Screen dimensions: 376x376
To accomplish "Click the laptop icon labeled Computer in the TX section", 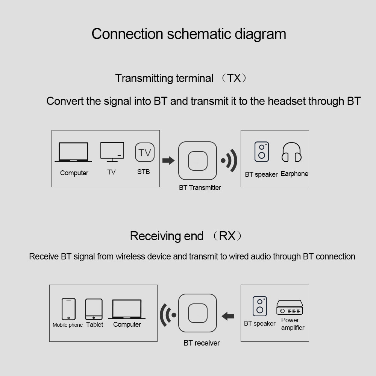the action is point(73,152).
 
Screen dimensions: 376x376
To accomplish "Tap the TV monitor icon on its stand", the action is point(112,152).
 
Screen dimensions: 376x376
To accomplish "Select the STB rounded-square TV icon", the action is point(145,152).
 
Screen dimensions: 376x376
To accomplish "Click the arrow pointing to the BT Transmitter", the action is point(168,161).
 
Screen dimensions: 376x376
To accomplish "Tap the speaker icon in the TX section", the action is point(262,152).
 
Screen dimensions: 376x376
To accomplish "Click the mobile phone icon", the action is point(68,309).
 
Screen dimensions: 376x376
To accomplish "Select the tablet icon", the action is point(94,309).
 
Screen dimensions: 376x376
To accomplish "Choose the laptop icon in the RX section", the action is point(127,309).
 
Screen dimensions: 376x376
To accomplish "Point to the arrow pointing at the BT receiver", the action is point(228,316).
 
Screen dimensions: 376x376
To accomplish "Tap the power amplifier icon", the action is point(290,308).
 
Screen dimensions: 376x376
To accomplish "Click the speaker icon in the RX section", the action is point(260,306).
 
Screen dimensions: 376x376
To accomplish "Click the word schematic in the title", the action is point(199,34).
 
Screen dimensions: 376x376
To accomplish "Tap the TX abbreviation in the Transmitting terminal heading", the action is point(234,78).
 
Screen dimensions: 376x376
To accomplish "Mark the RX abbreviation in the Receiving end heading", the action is point(227,236).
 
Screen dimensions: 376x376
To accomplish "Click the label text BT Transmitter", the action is point(200,188).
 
